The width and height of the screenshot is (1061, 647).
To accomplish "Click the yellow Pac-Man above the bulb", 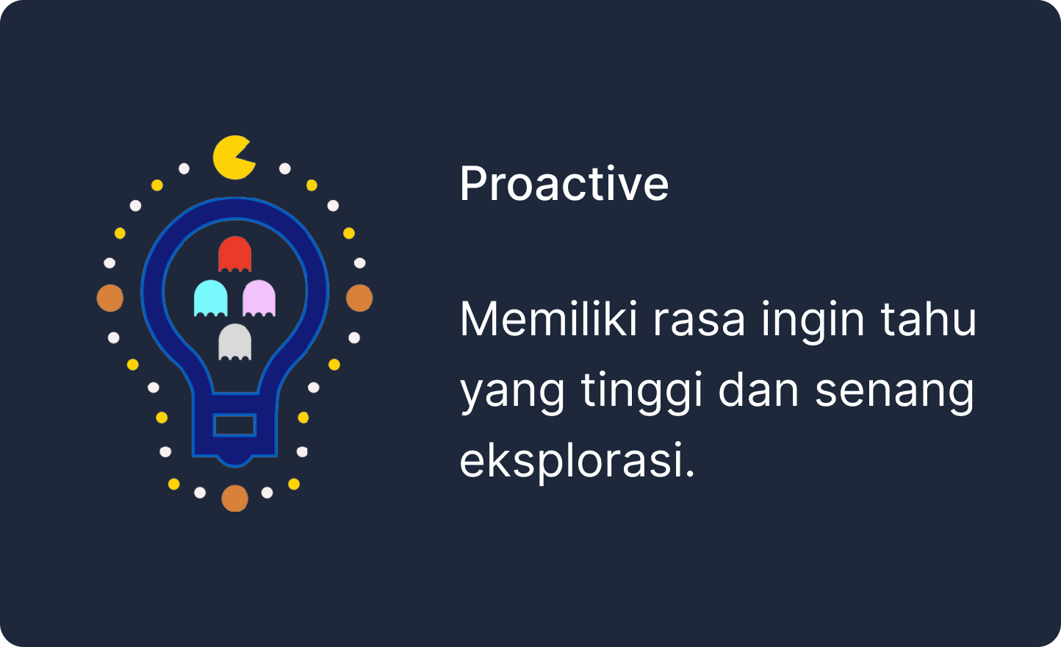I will tap(233, 157).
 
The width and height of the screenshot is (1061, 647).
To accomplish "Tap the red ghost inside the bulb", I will tap(235, 254).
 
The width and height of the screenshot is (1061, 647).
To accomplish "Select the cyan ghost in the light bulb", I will tap(211, 298).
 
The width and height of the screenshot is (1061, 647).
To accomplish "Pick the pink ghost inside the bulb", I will tap(259, 298).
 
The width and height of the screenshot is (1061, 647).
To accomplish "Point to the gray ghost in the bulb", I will tap(235, 342).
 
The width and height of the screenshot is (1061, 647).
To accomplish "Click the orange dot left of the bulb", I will tap(110, 298).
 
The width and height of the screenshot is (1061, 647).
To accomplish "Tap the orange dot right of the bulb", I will tap(359, 298).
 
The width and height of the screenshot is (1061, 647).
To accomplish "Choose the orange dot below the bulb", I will tap(235, 498).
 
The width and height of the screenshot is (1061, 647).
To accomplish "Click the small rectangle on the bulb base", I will tap(235, 425).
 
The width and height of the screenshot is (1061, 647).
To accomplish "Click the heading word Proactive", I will tap(564, 183).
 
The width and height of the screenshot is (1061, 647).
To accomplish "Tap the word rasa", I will tap(699, 321).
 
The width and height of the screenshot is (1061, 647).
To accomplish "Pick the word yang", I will tap(512, 392).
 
